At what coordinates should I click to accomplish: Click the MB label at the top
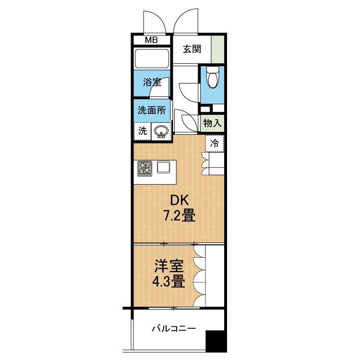click(152, 40)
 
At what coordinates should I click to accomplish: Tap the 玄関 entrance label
click(192, 49)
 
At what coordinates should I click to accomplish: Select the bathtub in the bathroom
click(152, 59)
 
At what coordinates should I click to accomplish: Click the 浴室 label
click(152, 82)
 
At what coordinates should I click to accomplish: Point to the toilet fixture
click(212, 77)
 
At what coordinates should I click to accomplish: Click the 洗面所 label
click(152, 109)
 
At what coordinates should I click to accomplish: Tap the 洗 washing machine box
click(143, 131)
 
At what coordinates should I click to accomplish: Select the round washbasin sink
click(162, 131)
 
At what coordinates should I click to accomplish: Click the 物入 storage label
click(212, 123)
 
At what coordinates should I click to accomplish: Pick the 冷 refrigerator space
click(215, 143)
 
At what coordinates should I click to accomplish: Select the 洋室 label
click(169, 266)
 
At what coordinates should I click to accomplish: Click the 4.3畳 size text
click(168, 281)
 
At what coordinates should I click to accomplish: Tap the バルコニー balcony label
click(174, 329)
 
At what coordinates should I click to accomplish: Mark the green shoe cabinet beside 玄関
click(218, 48)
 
